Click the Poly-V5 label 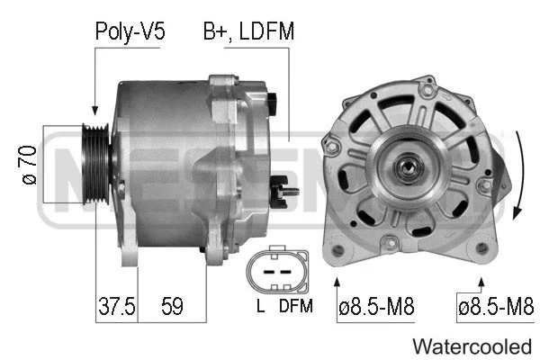(130, 31)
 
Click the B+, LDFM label (248, 31)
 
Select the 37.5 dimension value (116, 306)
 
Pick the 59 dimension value (171, 306)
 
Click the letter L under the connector (259, 306)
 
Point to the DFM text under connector (294, 306)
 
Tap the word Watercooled (472, 346)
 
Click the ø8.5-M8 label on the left (375, 306)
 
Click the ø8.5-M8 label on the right (495, 306)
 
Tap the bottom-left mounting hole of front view (338, 251)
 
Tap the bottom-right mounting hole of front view (487, 251)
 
